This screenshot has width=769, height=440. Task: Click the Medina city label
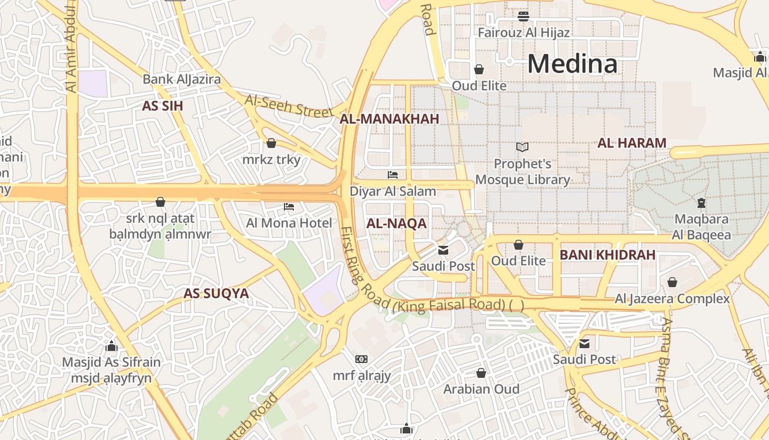coord(572,64)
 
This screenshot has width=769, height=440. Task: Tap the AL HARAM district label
coord(632,144)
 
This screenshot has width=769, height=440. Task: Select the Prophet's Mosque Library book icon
coord(522,147)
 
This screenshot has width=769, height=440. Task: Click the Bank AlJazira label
coord(182,79)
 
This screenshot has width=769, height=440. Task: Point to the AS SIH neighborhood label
coord(162,106)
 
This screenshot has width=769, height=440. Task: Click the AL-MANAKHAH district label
coord(389,119)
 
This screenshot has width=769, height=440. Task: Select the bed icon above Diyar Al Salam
coord(393,175)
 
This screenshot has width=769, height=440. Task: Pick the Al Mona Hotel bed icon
coord(289,207)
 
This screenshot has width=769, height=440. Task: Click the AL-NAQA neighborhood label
coord(396,224)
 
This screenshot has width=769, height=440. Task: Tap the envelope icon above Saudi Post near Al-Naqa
coord(443,250)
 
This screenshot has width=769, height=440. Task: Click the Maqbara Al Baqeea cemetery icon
coord(701,203)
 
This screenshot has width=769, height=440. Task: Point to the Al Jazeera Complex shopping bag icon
coord(672,282)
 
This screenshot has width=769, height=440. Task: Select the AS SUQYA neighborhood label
coord(216,294)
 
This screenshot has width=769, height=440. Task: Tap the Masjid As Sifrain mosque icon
coord(112,346)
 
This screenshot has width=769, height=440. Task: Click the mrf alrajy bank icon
coord(361,359)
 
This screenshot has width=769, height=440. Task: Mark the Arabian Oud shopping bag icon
coord(481,373)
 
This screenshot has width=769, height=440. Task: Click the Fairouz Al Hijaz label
coord(523,32)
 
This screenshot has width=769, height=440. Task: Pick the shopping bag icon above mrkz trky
coord(271,144)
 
